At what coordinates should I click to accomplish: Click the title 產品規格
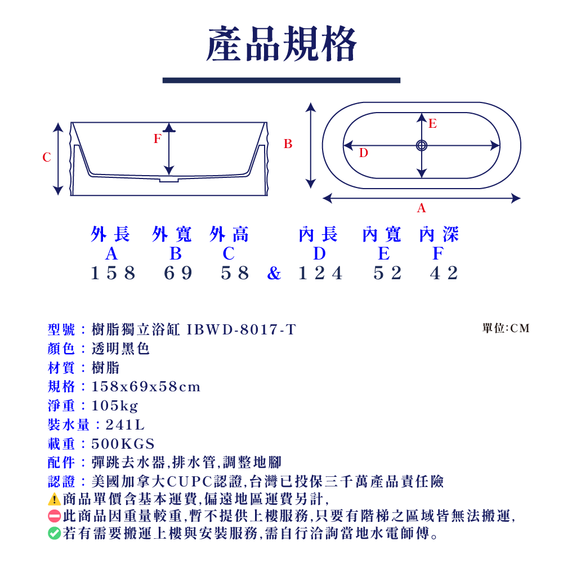(281, 45)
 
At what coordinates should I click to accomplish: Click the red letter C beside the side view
(47, 158)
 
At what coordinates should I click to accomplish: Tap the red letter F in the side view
(158, 138)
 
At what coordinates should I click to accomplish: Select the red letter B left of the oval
(288, 145)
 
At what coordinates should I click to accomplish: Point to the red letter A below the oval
(421, 209)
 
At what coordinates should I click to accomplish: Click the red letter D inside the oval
(363, 153)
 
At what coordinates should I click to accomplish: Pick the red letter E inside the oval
(432, 124)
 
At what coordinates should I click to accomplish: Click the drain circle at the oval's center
(421, 146)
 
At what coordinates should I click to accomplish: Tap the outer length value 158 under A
(113, 273)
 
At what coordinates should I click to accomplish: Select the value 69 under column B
(178, 273)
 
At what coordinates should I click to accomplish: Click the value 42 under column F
(444, 273)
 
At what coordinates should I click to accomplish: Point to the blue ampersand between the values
(274, 274)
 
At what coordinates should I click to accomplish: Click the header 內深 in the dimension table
(439, 235)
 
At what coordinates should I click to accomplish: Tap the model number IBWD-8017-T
(241, 330)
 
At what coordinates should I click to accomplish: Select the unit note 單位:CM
(506, 328)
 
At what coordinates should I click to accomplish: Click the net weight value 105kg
(115, 406)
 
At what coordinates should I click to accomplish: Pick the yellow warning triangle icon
(54, 499)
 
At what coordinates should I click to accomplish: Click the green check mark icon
(54, 533)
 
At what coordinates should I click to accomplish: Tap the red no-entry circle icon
(54, 516)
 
